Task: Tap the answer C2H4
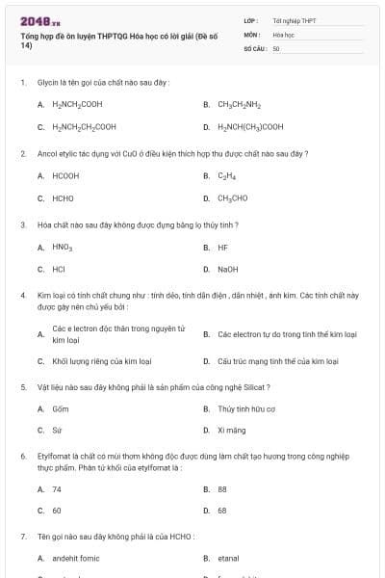click(227, 176)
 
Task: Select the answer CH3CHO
click(232, 198)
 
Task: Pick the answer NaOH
click(227, 270)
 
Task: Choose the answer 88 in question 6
click(222, 489)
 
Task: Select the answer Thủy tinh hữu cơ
click(246, 408)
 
